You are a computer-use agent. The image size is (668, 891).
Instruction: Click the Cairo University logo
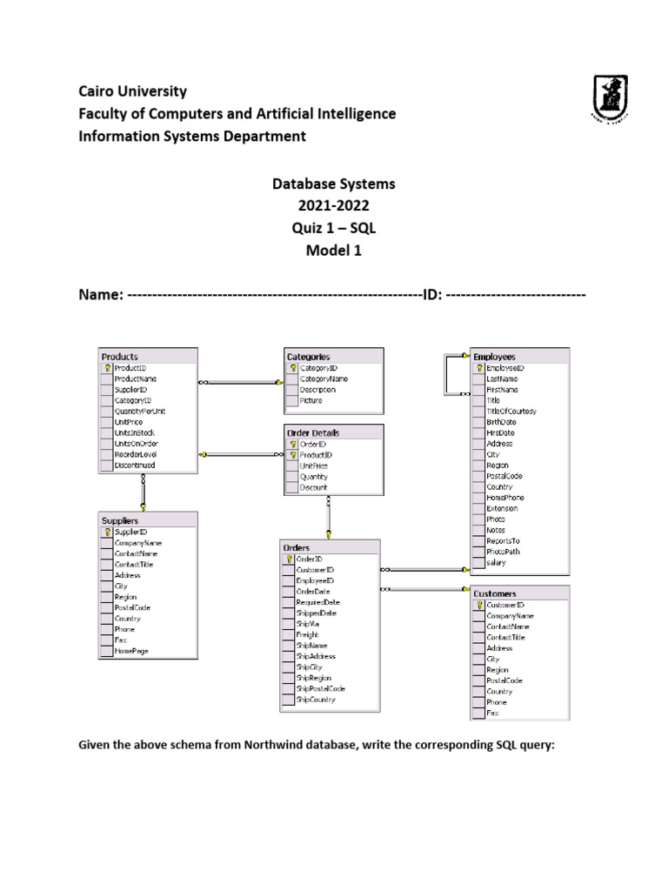[608, 97]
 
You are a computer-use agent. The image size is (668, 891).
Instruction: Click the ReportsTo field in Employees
[504, 541]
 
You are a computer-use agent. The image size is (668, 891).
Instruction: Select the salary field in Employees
[496, 563]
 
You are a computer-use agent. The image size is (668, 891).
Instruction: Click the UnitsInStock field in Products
[135, 432]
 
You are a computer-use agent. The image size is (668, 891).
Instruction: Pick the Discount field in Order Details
[314, 487]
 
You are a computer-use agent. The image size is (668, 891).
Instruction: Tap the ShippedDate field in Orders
[316, 613]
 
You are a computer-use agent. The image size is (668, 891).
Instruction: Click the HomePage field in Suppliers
[131, 651]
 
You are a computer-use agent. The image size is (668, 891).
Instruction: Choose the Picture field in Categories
[311, 401]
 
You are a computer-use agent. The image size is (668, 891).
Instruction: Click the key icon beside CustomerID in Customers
[478, 605]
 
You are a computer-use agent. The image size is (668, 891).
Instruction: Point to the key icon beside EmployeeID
[478, 368]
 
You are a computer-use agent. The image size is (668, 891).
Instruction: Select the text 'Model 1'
[334, 251]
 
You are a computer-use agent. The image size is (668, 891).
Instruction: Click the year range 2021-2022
[334, 206]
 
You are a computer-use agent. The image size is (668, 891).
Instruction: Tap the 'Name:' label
[101, 296]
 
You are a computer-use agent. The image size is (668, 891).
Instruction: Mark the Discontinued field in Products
[135, 466]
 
